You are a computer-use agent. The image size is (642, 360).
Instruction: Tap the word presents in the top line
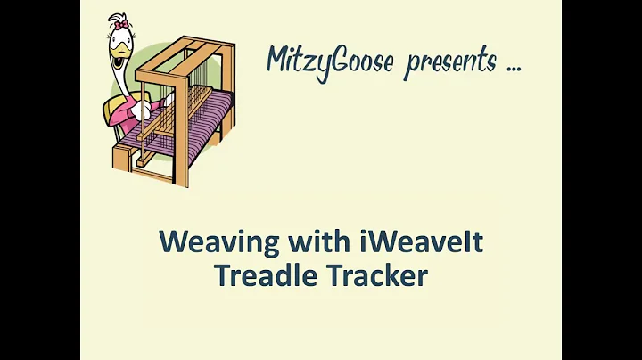451,62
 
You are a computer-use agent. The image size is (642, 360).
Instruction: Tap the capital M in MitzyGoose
278,60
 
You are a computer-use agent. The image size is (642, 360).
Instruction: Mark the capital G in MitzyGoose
353,61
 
